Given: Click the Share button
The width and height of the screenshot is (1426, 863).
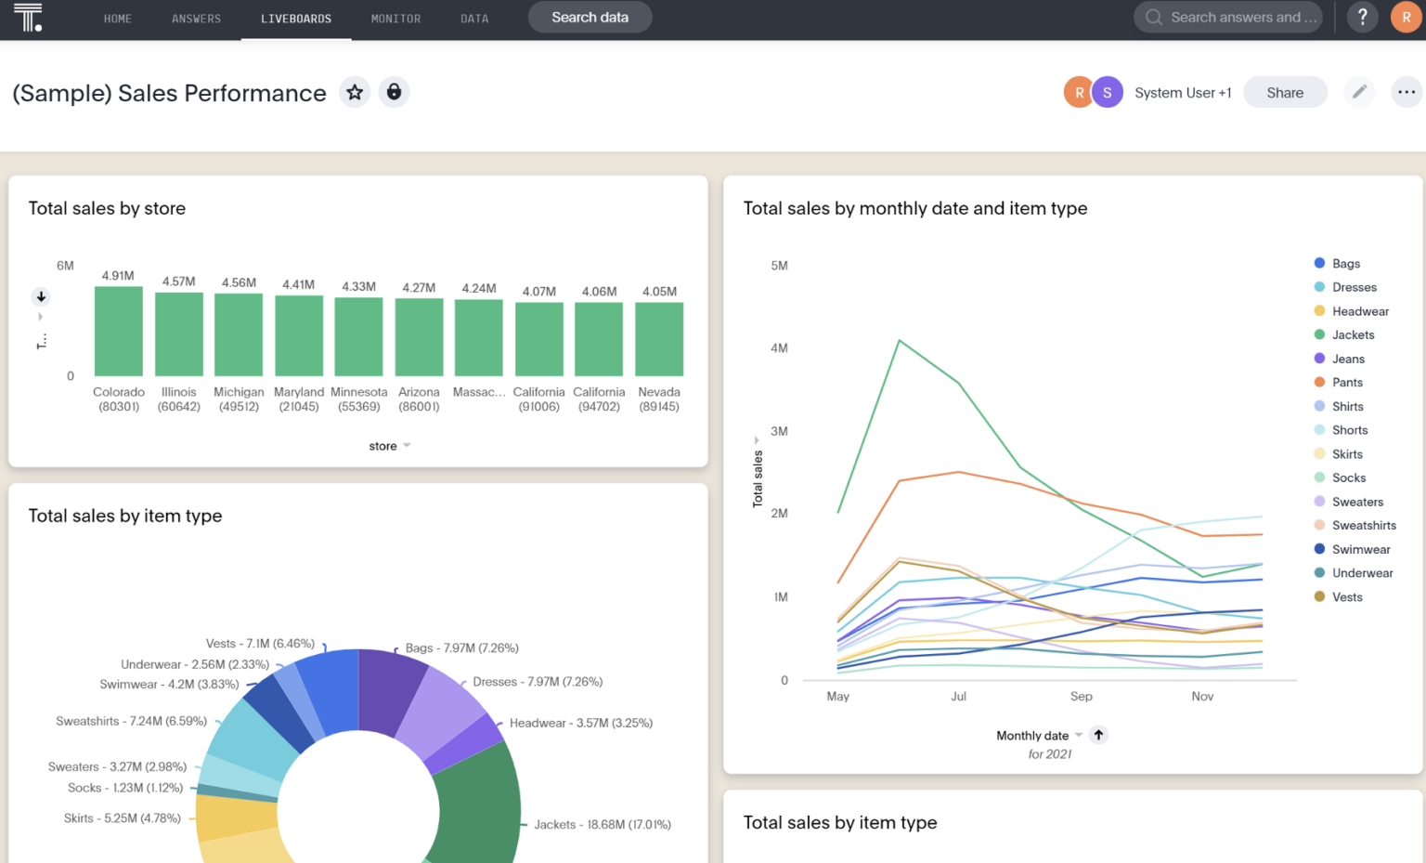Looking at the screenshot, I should click(x=1284, y=93).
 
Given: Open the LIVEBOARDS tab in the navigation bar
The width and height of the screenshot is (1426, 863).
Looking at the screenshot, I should click(x=296, y=19).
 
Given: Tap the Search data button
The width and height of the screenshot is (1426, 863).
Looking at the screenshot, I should click(x=590, y=18).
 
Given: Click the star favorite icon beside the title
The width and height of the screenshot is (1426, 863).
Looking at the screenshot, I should click(x=355, y=92).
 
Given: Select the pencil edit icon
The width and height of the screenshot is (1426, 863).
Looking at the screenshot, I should click(x=1359, y=92).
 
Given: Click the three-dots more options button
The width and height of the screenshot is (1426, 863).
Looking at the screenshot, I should click(x=1406, y=92).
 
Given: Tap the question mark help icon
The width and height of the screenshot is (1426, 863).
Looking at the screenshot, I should click(x=1362, y=18).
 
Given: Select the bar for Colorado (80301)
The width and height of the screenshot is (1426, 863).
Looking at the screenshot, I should click(x=119, y=332).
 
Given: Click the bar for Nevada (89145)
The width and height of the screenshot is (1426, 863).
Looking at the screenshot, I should click(x=659, y=339).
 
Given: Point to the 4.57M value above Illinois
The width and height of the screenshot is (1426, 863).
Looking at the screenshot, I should click(x=178, y=281).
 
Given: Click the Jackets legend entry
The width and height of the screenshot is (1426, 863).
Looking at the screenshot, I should click(x=1353, y=335).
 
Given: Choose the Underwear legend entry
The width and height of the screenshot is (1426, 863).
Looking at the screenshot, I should click(x=1362, y=573).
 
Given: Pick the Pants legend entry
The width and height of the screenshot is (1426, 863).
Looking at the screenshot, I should click(x=1347, y=383).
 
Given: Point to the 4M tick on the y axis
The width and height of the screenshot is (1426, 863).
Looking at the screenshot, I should click(x=779, y=348).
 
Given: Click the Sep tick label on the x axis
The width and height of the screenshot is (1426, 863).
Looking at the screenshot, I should click(x=1081, y=697).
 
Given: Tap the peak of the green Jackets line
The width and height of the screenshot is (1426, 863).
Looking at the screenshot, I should click(x=899, y=341).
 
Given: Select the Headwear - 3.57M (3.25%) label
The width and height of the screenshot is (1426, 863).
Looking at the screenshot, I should click(x=580, y=723).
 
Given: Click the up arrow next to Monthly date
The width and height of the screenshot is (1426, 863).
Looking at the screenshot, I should click(x=1098, y=735).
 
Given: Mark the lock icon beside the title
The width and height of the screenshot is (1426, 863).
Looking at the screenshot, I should click(x=395, y=92).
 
